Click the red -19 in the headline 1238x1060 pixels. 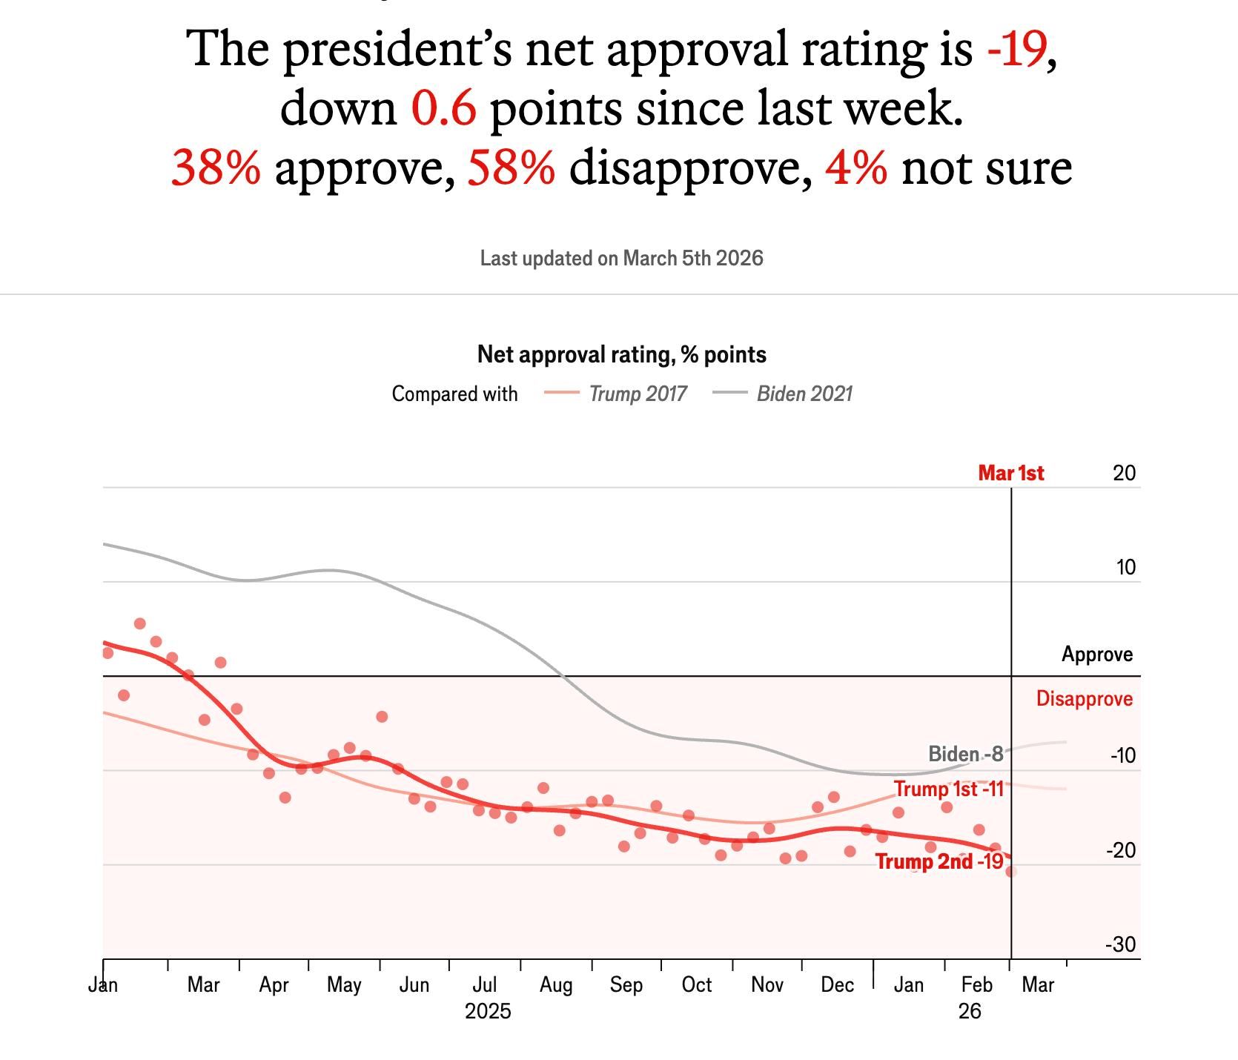point(1016,49)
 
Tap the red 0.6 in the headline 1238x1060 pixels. point(443,108)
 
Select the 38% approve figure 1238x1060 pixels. point(216,168)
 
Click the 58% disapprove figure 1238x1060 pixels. point(511,168)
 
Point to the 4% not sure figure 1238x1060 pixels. point(855,168)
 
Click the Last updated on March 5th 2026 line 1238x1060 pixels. point(621,258)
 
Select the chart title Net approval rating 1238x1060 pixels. point(621,354)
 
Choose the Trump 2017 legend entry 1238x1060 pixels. point(638,394)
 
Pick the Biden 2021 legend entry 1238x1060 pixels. point(804,394)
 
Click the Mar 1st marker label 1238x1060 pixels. point(1010,473)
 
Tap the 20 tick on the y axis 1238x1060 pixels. point(1124,473)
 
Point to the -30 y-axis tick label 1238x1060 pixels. point(1120,944)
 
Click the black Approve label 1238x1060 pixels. point(1097,654)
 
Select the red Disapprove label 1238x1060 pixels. point(1084,698)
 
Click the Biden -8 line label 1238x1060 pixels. point(965,754)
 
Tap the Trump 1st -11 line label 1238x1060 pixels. point(948,789)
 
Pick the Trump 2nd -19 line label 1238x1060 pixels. point(939,861)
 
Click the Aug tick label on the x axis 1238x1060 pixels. point(556,985)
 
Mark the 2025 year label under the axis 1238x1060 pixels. point(488,1011)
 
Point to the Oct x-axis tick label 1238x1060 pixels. point(697,985)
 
